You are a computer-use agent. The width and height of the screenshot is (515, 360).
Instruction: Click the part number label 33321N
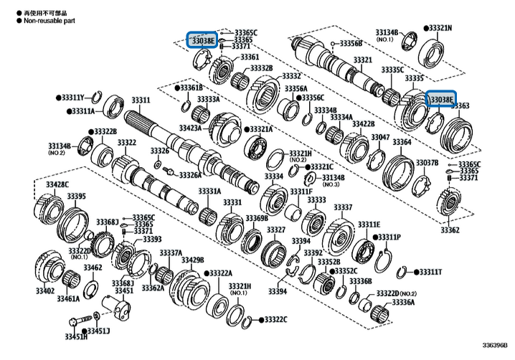pos(438,27)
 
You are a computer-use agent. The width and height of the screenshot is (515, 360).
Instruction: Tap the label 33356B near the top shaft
pos(351,44)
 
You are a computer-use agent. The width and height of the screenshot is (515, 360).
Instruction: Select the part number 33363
pos(460,105)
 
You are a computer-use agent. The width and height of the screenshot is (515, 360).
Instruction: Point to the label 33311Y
pos(72,97)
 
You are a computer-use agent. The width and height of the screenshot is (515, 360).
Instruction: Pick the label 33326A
pos(190,175)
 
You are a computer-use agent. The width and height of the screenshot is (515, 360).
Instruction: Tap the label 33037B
pos(427,163)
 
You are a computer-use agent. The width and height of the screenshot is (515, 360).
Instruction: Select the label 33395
pos(76,196)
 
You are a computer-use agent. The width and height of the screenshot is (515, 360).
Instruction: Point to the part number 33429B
pos(191,260)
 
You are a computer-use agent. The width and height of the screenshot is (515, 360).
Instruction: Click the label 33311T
pos(430,273)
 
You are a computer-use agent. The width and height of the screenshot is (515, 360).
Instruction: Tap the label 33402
pos(44,290)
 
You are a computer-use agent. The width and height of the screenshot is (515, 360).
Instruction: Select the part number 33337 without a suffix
pos(342,207)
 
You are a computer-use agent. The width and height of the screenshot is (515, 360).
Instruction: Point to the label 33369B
pos(256,218)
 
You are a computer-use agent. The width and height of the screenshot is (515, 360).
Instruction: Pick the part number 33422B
pos(363,124)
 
